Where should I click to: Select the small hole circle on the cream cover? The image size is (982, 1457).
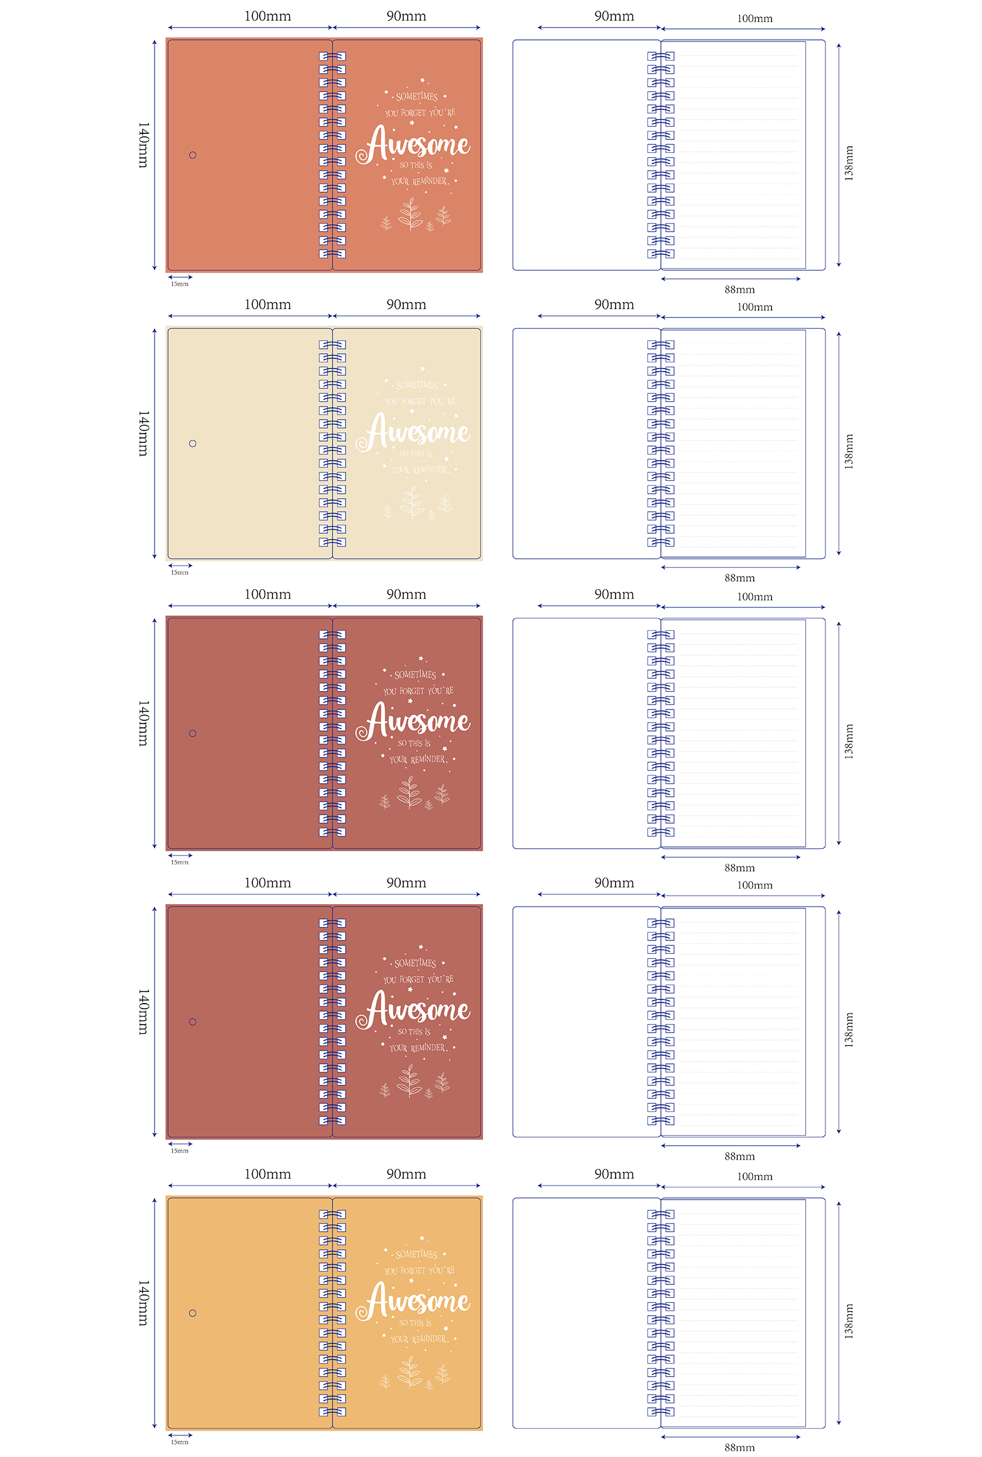(192, 443)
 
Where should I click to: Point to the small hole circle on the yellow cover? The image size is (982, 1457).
(192, 1313)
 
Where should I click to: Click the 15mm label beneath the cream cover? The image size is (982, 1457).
(180, 572)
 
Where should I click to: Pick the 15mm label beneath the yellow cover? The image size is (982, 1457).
(180, 1442)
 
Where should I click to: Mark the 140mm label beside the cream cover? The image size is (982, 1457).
(144, 434)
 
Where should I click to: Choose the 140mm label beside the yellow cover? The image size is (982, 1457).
(144, 1303)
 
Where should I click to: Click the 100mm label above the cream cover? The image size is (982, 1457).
(268, 305)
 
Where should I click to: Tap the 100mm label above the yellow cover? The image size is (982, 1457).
(268, 1174)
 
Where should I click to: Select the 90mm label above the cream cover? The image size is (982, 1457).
(406, 305)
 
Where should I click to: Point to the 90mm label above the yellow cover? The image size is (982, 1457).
(406, 1174)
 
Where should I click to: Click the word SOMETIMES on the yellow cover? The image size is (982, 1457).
(417, 1254)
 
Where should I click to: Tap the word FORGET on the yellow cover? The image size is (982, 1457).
(412, 1271)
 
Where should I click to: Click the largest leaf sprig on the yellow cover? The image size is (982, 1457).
(410, 1371)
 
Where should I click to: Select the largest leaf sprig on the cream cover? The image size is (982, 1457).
(412, 502)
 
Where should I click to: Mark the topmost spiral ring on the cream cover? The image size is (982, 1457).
(332, 345)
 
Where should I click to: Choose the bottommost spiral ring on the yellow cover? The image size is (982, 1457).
(332, 1412)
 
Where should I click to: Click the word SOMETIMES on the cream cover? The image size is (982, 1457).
(417, 385)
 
